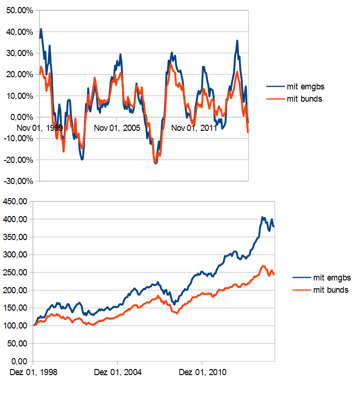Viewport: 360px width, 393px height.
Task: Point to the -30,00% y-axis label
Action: (x=19, y=181)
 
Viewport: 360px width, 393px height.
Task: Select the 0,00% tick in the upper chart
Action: (x=22, y=117)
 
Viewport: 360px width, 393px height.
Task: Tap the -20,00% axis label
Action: (x=19, y=160)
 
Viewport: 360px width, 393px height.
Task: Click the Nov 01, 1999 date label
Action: (x=40, y=128)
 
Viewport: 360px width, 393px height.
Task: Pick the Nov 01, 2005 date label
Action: (x=117, y=128)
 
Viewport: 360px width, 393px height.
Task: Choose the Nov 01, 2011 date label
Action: (x=194, y=128)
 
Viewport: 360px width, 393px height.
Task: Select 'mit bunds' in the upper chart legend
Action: (x=304, y=99)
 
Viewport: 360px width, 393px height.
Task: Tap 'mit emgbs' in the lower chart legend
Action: (x=332, y=278)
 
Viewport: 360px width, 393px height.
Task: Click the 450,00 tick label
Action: (x=17, y=201)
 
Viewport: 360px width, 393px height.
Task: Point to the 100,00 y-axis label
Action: (x=17, y=326)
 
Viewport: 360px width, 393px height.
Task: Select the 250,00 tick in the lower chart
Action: (x=17, y=273)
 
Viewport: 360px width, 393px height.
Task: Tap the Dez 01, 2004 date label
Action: (x=118, y=372)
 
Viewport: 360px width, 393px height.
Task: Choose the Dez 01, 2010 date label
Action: (x=203, y=372)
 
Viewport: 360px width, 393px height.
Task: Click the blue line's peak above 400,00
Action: (x=263, y=217)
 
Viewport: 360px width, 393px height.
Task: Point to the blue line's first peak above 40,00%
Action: (x=41, y=29)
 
